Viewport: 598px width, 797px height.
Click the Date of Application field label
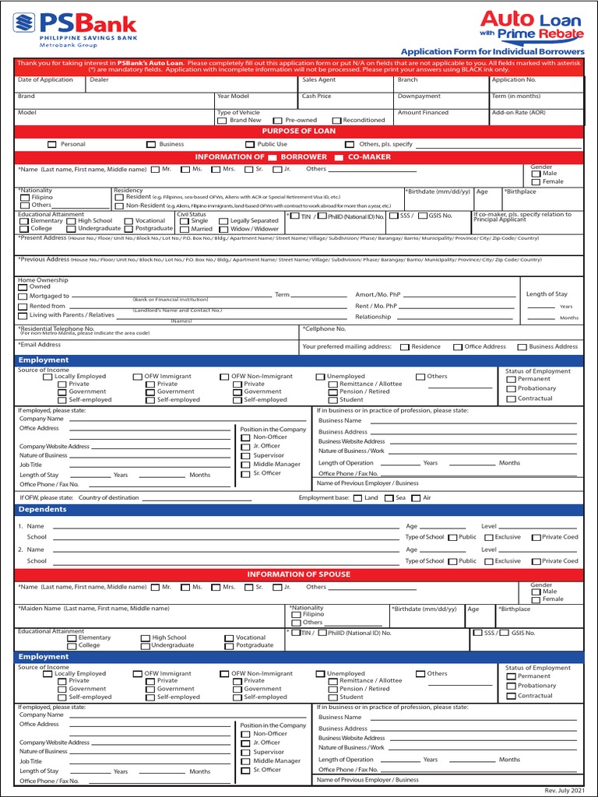(45, 79)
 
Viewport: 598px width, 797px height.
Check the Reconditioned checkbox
(336, 121)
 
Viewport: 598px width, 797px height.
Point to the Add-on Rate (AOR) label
(519, 112)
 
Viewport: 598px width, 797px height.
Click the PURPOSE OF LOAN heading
(299, 131)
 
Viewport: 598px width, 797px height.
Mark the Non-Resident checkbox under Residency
(119, 205)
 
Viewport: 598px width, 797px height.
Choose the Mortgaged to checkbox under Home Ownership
(23, 296)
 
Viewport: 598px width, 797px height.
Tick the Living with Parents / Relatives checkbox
(23, 315)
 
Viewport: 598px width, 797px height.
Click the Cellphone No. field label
(324, 329)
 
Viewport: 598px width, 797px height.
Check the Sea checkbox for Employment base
(389, 498)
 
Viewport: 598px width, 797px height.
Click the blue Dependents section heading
(44, 511)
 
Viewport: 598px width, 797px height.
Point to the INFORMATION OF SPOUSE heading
(299, 574)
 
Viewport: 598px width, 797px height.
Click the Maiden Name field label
(94, 608)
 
